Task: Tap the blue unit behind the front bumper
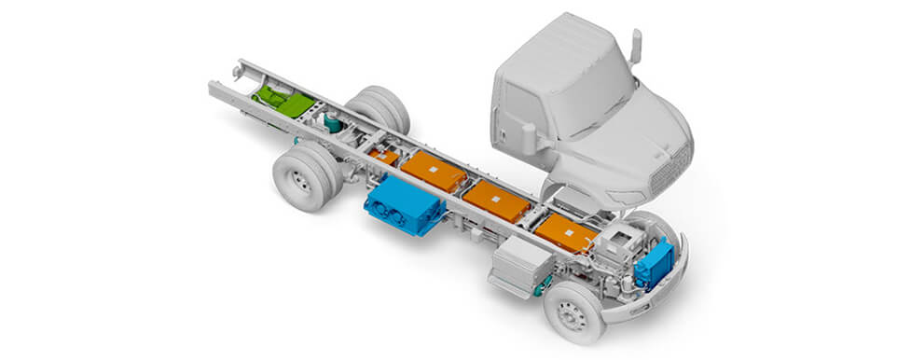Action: tap(655, 263)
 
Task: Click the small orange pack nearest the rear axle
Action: tap(384, 156)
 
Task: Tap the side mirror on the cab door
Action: tap(529, 138)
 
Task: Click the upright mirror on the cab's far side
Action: tap(637, 46)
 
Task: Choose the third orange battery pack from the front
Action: tap(434, 172)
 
